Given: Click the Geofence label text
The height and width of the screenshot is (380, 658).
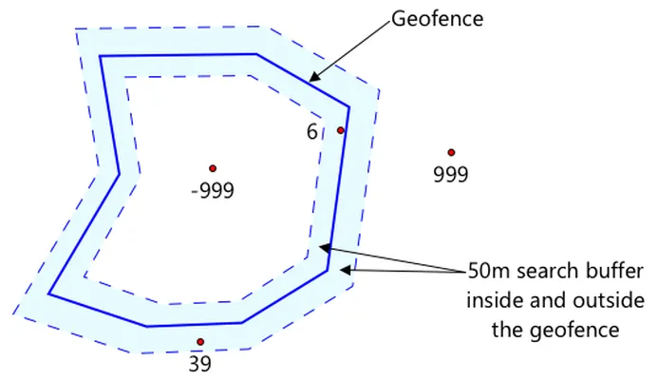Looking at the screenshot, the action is point(438,19).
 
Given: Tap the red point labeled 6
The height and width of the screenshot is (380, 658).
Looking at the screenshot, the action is point(341,130).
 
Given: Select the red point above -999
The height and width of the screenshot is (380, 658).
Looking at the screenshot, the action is point(213,168).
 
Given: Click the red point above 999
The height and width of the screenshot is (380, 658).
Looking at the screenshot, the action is point(451,152).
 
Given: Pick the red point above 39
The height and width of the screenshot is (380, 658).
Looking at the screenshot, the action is point(200,342).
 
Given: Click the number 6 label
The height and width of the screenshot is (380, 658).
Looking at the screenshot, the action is point(311,132).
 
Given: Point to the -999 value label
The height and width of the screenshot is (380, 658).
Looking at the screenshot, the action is point(213,191).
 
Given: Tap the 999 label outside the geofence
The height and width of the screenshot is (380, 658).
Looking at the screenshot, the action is point(451,174).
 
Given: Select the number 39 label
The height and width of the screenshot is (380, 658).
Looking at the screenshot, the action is point(200,364).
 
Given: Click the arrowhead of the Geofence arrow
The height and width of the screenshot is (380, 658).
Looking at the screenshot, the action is point(314,76).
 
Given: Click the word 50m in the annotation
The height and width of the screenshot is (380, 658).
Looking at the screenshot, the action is point(489,271).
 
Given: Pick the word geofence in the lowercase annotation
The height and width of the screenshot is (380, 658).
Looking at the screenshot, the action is point(574,330).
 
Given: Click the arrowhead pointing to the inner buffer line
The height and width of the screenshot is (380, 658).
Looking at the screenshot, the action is point(325,247).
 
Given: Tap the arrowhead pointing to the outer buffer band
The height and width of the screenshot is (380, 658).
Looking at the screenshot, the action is point(345,270).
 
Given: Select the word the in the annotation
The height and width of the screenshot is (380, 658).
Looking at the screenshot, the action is point(507,330).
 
